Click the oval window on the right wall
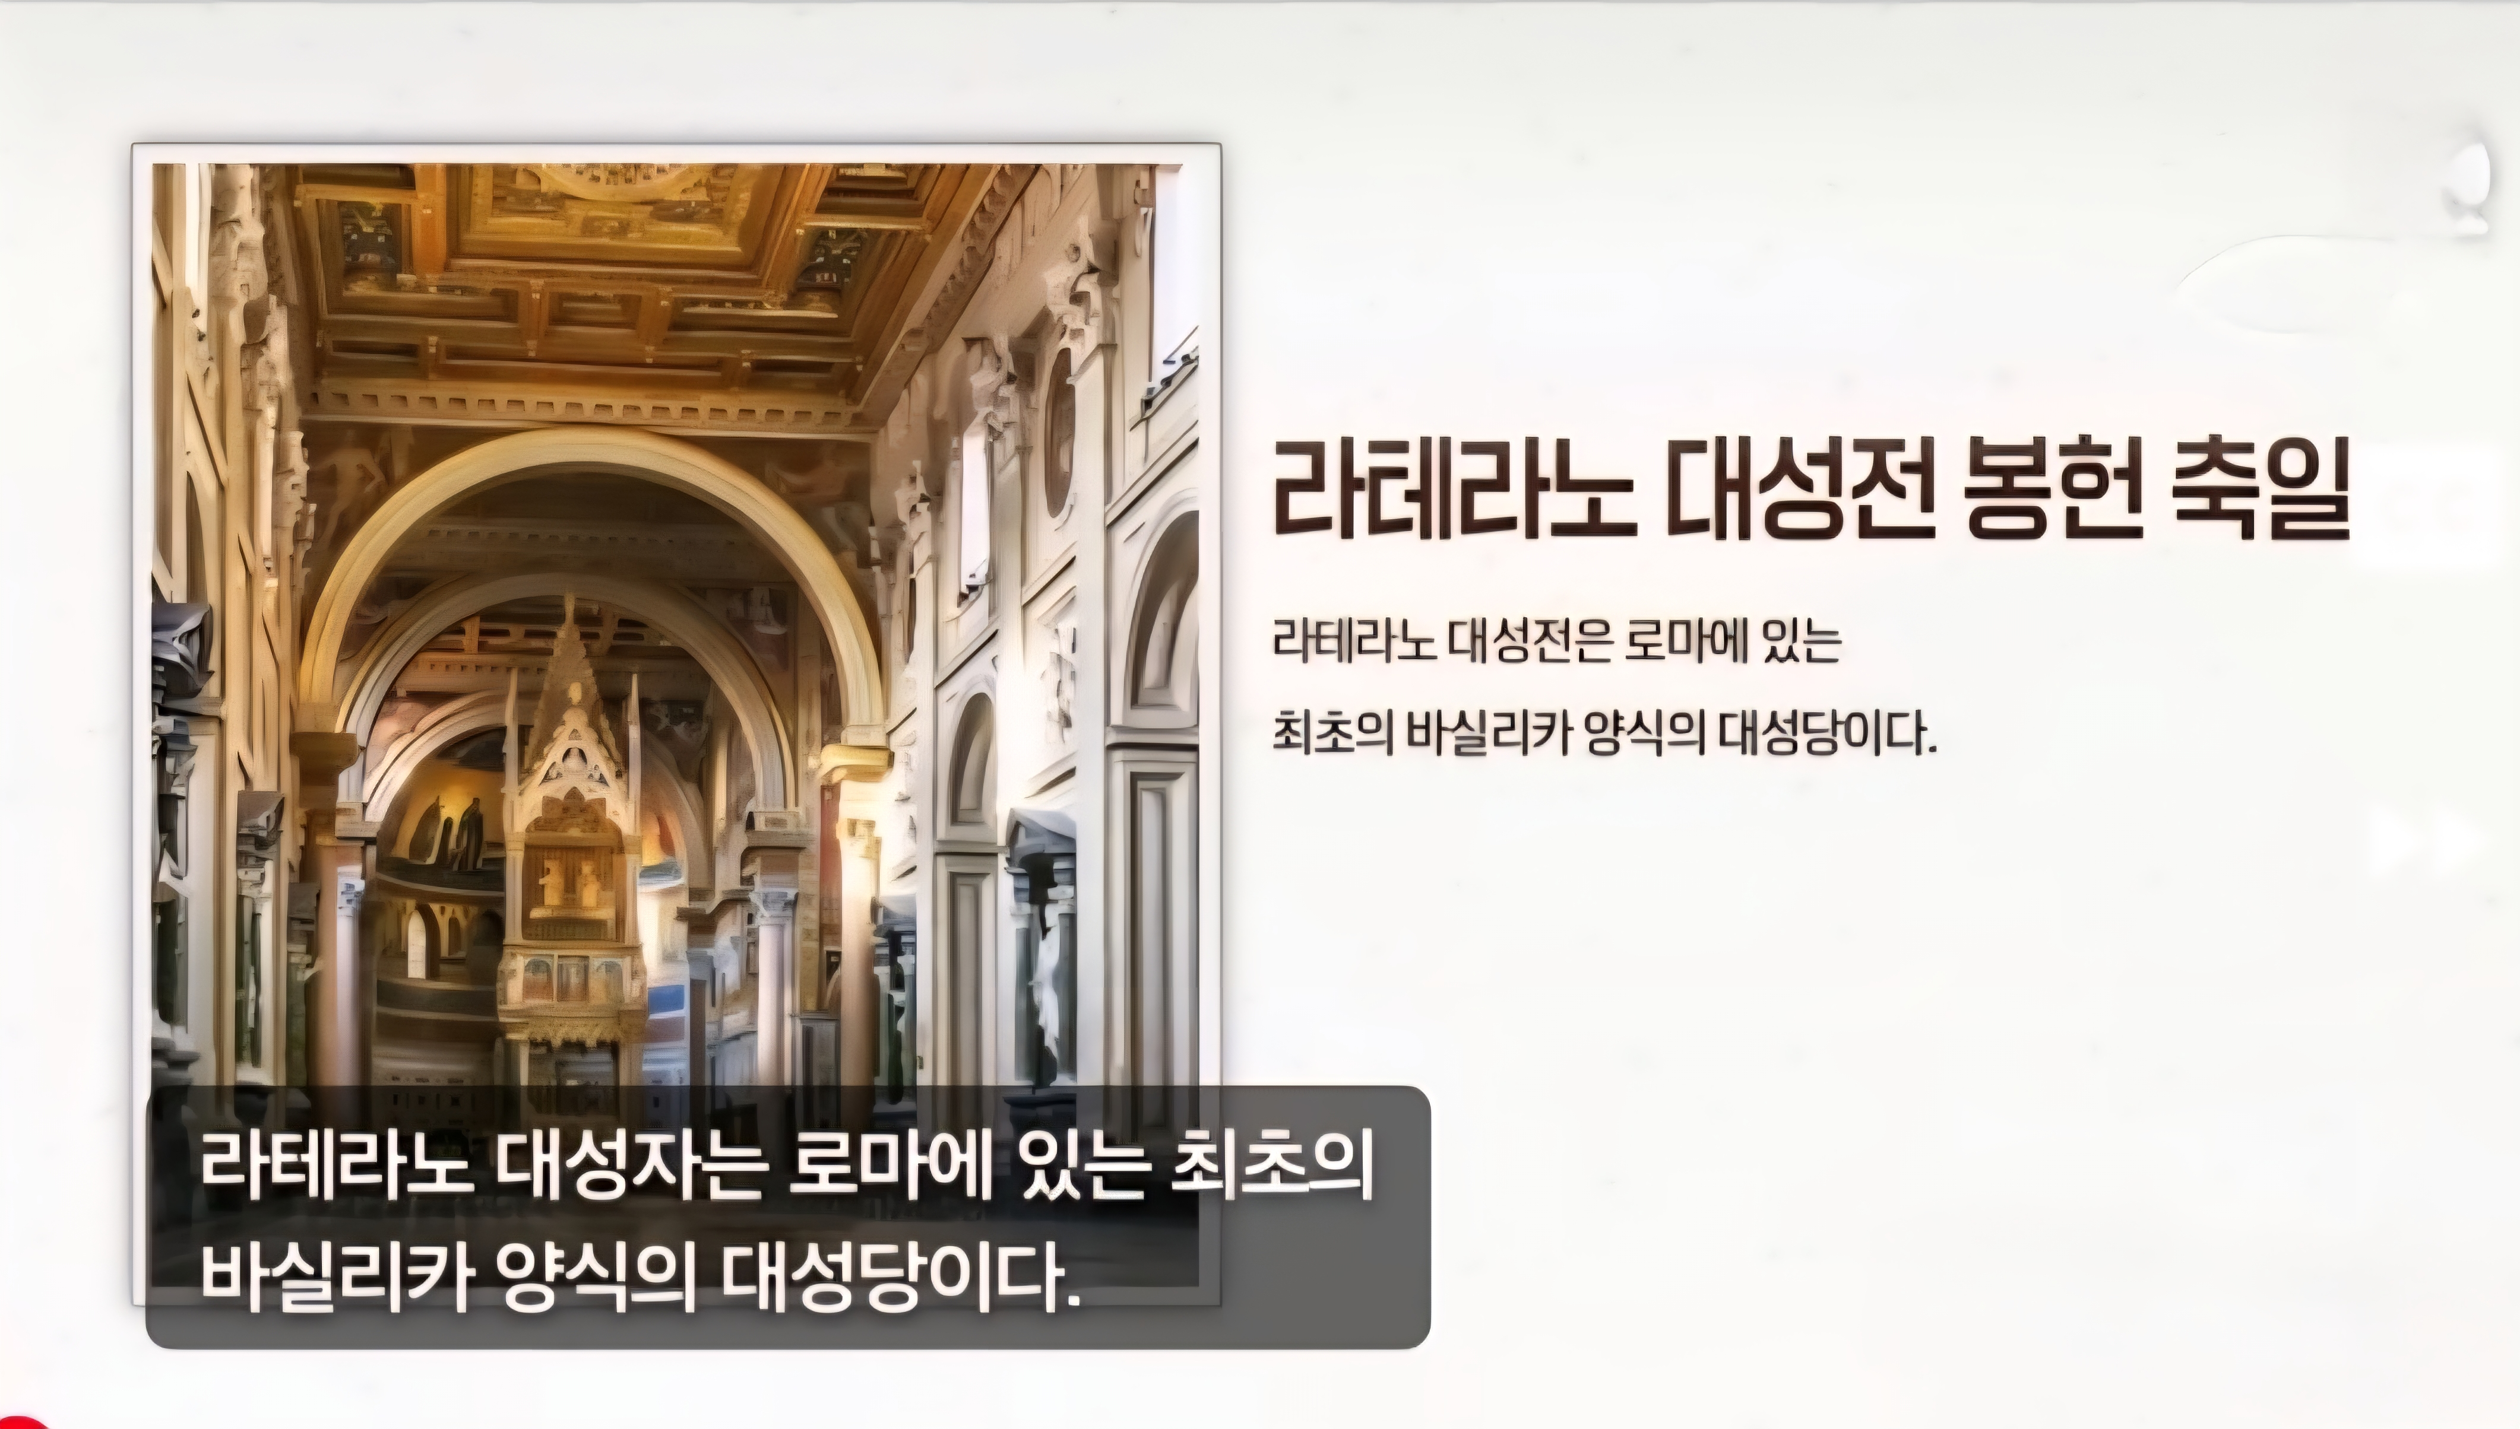pyautogui.click(x=1059, y=432)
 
